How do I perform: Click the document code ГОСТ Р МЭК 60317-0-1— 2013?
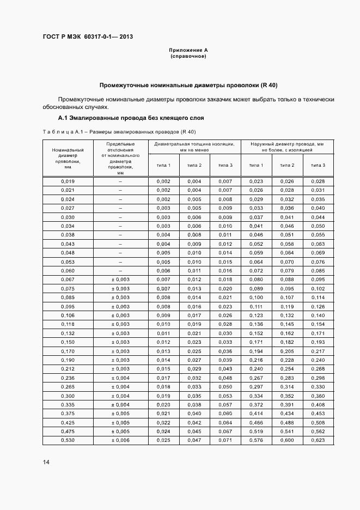(x=88, y=37)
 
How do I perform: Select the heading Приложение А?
(x=188, y=50)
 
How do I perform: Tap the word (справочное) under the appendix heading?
(x=188, y=56)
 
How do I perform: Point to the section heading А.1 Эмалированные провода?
(x=131, y=118)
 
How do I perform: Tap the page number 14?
(x=46, y=462)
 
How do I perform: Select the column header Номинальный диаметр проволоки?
(x=68, y=158)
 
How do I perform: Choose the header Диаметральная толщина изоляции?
(x=194, y=147)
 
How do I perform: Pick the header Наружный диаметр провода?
(x=287, y=147)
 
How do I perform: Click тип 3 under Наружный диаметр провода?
(x=318, y=165)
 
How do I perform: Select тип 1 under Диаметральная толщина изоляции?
(x=163, y=165)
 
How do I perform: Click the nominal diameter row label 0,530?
(x=68, y=440)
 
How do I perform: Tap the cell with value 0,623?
(x=318, y=440)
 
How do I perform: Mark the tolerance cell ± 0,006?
(x=120, y=440)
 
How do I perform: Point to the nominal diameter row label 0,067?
(x=68, y=279)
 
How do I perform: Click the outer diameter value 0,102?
(x=318, y=288)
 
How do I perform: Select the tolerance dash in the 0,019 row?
(x=120, y=181)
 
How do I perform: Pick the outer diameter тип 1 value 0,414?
(x=256, y=413)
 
